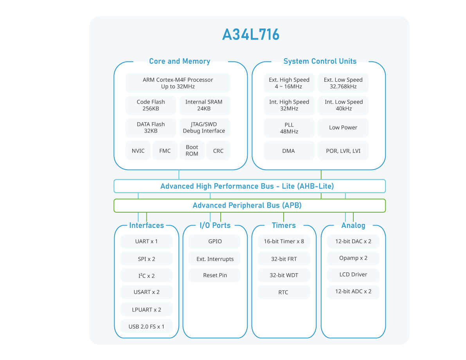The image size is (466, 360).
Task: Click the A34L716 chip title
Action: tap(251, 34)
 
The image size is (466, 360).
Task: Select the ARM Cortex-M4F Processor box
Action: tap(178, 83)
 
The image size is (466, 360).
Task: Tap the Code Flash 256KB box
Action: tap(151, 106)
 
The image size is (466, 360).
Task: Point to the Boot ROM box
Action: tap(192, 150)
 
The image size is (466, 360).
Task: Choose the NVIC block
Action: tap(138, 150)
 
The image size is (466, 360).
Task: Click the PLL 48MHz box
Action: tap(289, 128)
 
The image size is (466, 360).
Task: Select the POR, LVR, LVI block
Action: tap(343, 150)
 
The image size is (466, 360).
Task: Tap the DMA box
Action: tap(289, 150)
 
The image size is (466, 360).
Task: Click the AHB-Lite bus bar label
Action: tap(247, 186)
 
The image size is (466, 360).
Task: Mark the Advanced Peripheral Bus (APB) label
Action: tap(247, 205)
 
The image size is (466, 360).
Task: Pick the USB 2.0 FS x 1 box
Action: tap(146, 326)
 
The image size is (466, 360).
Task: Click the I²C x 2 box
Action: tap(146, 276)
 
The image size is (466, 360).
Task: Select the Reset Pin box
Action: tap(214, 275)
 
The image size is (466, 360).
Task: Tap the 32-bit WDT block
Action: tap(284, 275)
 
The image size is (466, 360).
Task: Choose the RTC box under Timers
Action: tap(284, 292)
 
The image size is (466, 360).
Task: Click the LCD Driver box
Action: tap(353, 274)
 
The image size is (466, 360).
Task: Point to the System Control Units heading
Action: tap(320, 61)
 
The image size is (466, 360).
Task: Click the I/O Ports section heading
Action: tap(215, 225)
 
